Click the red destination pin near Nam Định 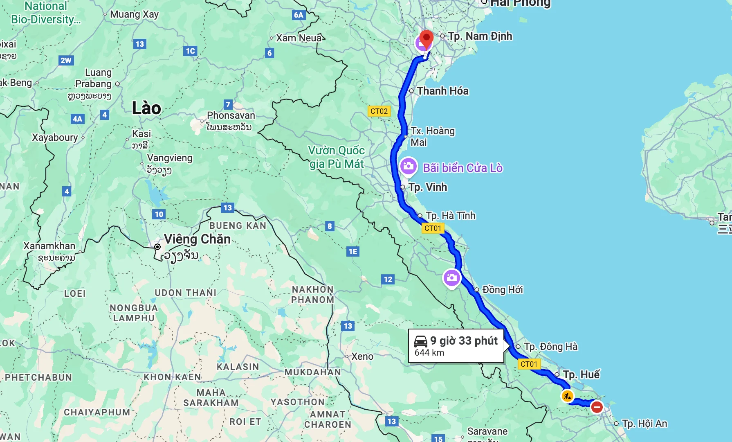427,39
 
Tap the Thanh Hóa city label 442,91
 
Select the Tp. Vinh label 428,187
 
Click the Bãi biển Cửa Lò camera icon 408,166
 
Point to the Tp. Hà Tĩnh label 450,216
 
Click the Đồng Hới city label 502,290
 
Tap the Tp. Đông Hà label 550,347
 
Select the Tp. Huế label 581,374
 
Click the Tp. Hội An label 644,424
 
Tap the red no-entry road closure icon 597,407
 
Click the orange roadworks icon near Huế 567,396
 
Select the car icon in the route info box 421,341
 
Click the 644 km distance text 429,353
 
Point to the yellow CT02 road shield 379,111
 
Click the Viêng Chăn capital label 197,239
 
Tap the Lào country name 146,108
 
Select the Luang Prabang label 93,78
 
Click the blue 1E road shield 353,252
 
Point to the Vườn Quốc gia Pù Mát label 336,157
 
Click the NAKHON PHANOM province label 313,295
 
